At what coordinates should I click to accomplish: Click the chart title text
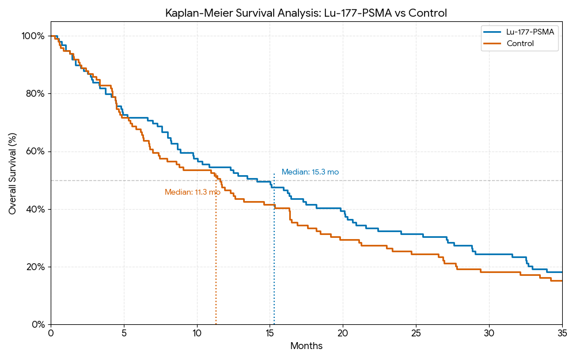[x=306, y=13]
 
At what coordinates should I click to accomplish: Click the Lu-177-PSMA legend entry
[x=530, y=32]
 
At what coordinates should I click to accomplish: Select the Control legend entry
[x=520, y=43]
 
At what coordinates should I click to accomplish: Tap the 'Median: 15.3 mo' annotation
[x=310, y=172]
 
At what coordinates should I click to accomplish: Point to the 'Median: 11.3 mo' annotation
[x=192, y=192]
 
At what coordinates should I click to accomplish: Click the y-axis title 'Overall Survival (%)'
[x=13, y=173]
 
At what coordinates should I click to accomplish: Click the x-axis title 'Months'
[x=306, y=346]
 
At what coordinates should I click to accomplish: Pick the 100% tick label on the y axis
[x=33, y=36]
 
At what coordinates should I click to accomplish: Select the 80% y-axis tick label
[x=35, y=93]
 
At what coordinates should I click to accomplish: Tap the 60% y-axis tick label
[x=35, y=151]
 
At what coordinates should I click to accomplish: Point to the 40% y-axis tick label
[x=35, y=209]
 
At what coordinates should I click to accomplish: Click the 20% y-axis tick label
[x=35, y=267]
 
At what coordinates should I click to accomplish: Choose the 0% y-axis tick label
[x=37, y=324]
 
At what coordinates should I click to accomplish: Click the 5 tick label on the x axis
[x=124, y=334]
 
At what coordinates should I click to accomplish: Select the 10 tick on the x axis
[x=197, y=334]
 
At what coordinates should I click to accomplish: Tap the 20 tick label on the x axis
[x=343, y=334]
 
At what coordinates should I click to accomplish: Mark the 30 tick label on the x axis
[x=489, y=334]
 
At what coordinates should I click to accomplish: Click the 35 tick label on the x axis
[x=562, y=334]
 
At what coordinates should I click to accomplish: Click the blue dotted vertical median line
[x=274, y=259]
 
